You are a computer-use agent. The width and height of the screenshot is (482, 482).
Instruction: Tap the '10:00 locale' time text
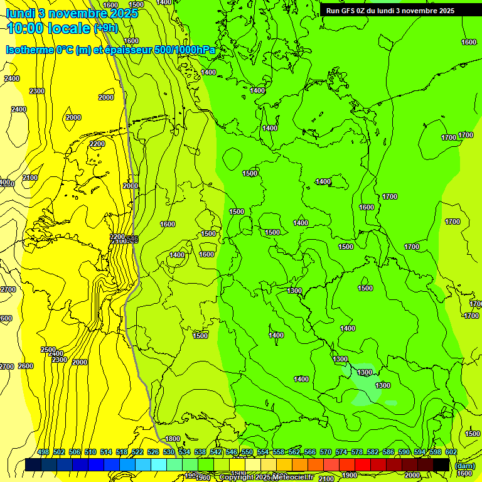pos(48,28)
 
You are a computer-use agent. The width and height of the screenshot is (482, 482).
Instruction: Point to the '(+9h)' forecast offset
pos(105,28)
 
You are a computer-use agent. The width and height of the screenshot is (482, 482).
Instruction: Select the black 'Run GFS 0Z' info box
pos(390,10)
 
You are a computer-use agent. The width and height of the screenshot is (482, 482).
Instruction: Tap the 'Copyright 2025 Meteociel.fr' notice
pos(266,478)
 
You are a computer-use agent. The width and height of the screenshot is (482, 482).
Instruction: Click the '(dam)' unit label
pos(464,466)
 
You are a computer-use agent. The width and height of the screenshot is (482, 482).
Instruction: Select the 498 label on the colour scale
pos(43,453)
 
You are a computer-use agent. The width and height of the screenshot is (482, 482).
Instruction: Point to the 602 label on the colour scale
pos(451,453)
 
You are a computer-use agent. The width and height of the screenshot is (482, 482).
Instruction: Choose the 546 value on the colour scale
pos(232,453)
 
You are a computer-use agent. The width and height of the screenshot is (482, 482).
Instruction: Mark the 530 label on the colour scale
pos(169,453)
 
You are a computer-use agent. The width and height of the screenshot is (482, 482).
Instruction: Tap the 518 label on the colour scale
pos(122,453)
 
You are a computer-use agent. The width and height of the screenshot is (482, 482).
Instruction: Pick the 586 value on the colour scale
pos(388,453)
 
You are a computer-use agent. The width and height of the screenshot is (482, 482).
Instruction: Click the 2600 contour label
pos(26,367)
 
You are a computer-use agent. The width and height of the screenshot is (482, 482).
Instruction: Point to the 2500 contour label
pos(48,350)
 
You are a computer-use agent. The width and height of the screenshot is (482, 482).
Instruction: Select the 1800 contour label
pos(172,439)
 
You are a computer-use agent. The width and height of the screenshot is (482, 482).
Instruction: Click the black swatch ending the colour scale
pos(441,464)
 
